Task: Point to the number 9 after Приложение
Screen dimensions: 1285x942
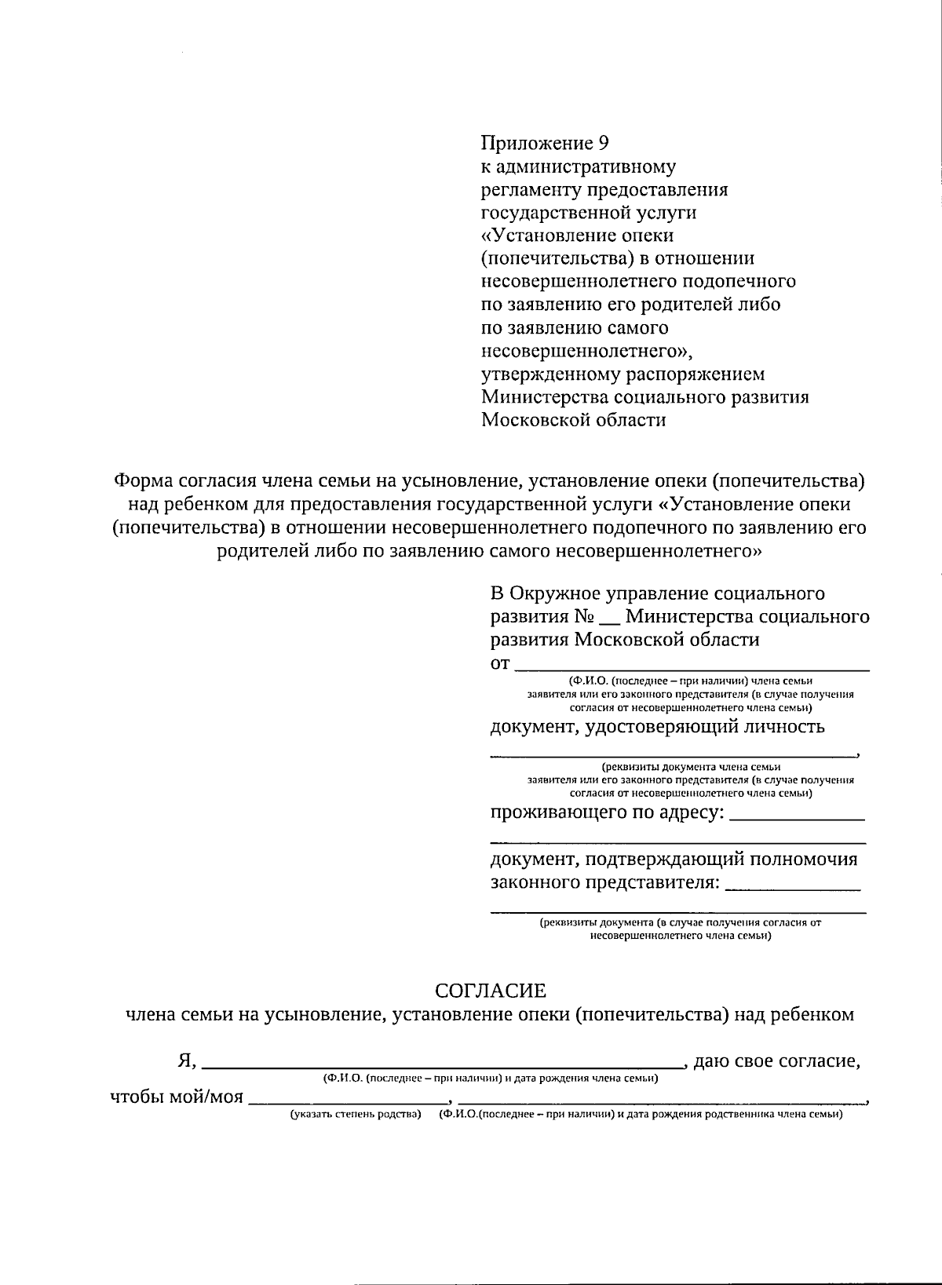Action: tap(603, 144)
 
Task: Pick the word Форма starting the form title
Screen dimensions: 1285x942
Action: tap(143, 480)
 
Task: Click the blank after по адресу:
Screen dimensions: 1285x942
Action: tap(797, 816)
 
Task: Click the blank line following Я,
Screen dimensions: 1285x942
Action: tap(444, 1065)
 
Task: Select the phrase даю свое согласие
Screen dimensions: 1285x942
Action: tap(777, 1061)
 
